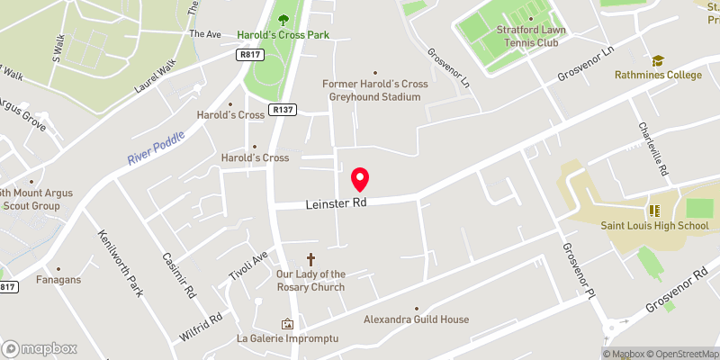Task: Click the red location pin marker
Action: coord(360,179)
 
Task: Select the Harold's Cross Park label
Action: coord(283,35)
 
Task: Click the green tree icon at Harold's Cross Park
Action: coord(283,19)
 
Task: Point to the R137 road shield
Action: coord(284,110)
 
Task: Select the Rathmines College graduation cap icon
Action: coord(658,60)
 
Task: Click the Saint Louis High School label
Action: coord(655,226)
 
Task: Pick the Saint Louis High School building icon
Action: coord(655,210)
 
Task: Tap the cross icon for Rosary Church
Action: coord(311,259)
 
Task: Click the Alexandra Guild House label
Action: coord(416,319)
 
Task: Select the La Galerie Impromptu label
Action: coord(287,338)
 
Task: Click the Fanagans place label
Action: coord(58,280)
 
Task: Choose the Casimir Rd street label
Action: coord(178,274)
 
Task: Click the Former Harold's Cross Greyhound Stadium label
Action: coord(372,90)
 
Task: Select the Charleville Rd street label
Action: coord(654,149)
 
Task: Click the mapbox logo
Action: coord(40,348)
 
